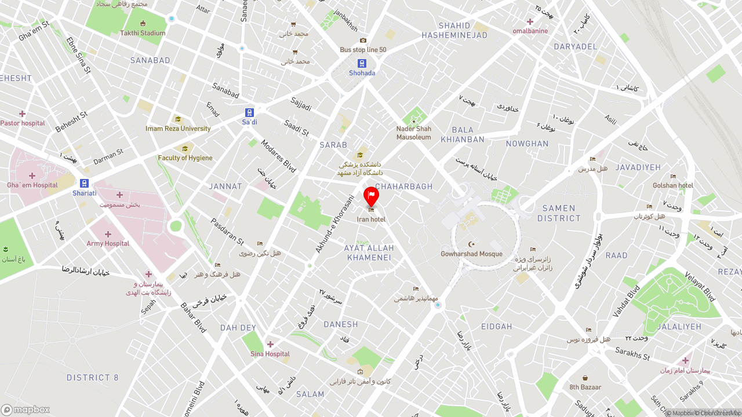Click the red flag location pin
(x=371, y=196)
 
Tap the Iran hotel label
(x=371, y=220)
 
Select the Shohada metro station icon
(x=362, y=64)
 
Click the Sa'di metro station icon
(x=249, y=113)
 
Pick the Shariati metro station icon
(x=85, y=184)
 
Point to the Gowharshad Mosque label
(x=471, y=254)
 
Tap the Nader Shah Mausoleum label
(x=414, y=133)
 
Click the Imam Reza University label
(x=178, y=129)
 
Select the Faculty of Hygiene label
(x=185, y=158)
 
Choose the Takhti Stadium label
(x=143, y=33)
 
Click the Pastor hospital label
(x=23, y=123)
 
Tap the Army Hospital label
(x=108, y=243)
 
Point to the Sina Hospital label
(x=270, y=354)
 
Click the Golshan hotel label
(x=673, y=185)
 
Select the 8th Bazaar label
(x=585, y=387)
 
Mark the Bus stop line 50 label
(x=363, y=50)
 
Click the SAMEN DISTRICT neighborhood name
(x=559, y=213)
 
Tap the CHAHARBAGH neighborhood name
(x=404, y=186)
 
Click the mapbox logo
(x=26, y=409)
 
